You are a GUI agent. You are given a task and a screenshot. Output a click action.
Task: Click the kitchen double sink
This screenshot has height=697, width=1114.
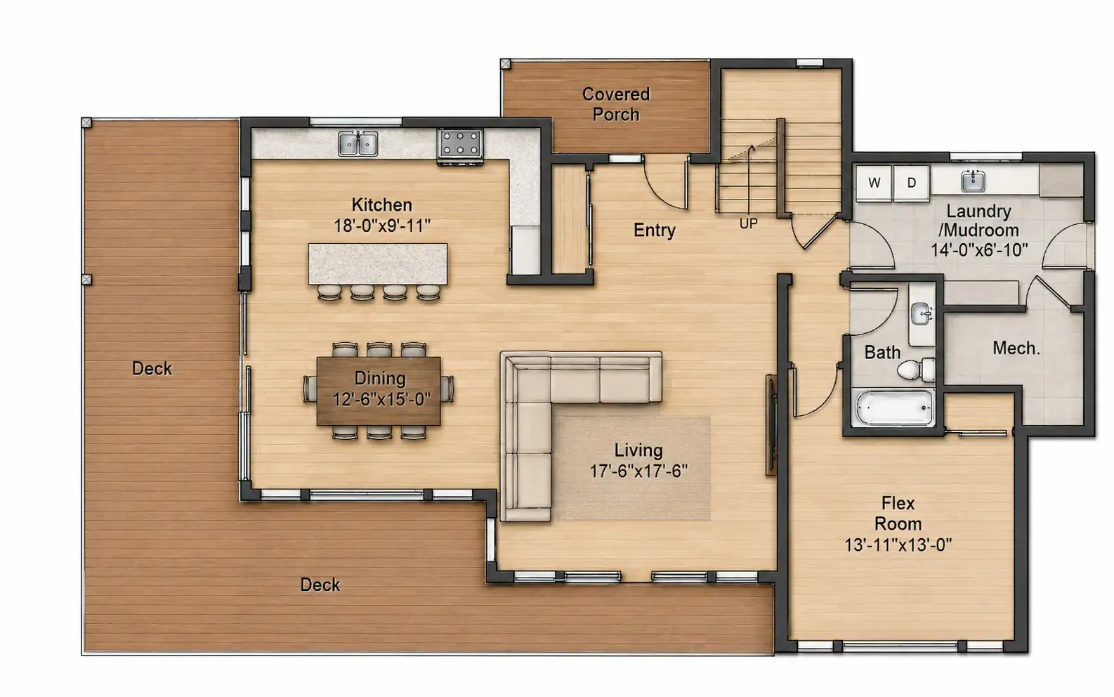pos(358,143)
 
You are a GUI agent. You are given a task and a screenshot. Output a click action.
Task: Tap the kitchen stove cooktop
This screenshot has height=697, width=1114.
pos(460,144)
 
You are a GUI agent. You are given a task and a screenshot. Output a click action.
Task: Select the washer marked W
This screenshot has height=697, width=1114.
pos(874,183)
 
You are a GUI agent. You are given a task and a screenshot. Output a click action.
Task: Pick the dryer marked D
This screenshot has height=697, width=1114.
pos(912,183)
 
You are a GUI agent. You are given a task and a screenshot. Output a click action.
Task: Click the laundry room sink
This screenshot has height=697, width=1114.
pos(973,181)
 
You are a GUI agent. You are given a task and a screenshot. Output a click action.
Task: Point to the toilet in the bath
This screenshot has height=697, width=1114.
pos(916,370)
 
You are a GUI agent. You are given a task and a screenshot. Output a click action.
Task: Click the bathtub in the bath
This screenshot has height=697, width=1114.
pos(893,408)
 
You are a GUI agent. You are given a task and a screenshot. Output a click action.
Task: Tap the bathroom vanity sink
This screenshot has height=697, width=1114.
pos(921,314)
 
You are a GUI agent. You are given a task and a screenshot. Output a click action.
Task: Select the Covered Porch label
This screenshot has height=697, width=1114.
pos(616,105)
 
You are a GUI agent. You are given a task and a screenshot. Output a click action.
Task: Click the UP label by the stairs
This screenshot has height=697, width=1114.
pos(748,224)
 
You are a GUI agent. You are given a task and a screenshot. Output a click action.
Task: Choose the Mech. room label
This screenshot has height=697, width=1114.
pos(1016,348)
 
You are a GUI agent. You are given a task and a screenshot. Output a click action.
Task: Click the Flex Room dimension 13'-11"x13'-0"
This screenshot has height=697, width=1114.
pos(898,545)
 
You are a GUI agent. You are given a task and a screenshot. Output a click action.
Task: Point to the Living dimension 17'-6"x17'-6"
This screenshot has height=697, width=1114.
pos(638,471)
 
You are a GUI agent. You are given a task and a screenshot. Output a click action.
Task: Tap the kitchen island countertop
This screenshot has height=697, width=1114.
pos(377,263)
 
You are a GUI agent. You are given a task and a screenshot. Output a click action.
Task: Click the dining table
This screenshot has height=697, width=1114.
pos(379,391)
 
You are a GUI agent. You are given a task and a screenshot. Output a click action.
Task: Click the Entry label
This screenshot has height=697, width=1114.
pos(655,230)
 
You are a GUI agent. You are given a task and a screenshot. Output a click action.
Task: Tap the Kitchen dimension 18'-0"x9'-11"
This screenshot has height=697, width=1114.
pos(381,226)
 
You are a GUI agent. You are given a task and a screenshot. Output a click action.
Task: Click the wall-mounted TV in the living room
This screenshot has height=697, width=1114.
pos(771,425)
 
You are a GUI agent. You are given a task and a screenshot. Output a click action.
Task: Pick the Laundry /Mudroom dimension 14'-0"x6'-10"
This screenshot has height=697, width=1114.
pos(978,249)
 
